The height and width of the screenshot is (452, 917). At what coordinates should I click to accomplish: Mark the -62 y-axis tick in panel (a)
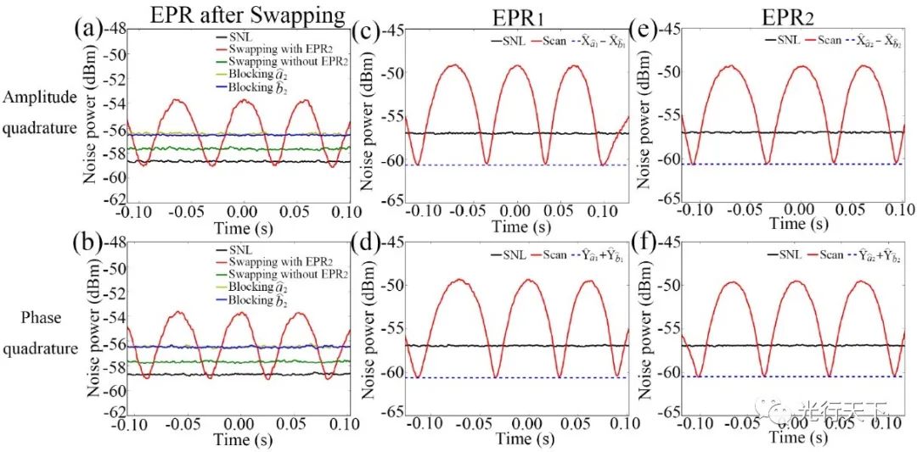[x=115, y=200]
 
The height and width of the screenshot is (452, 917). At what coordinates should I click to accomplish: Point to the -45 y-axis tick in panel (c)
[x=391, y=31]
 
